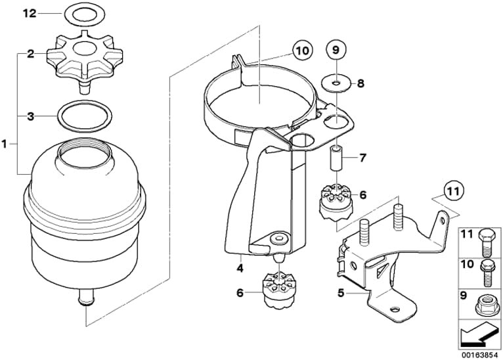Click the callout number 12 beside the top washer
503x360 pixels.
click(29, 14)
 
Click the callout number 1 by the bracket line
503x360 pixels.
click(4, 145)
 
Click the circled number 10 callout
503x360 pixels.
click(303, 51)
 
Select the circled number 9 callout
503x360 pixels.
click(336, 50)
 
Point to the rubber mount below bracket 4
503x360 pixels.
click(279, 291)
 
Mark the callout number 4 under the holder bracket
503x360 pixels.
click(240, 268)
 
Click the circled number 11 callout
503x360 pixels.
click(454, 192)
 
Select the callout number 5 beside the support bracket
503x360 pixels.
click(341, 292)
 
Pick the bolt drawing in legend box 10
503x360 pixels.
click(485, 273)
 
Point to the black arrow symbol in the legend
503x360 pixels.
click(479, 336)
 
